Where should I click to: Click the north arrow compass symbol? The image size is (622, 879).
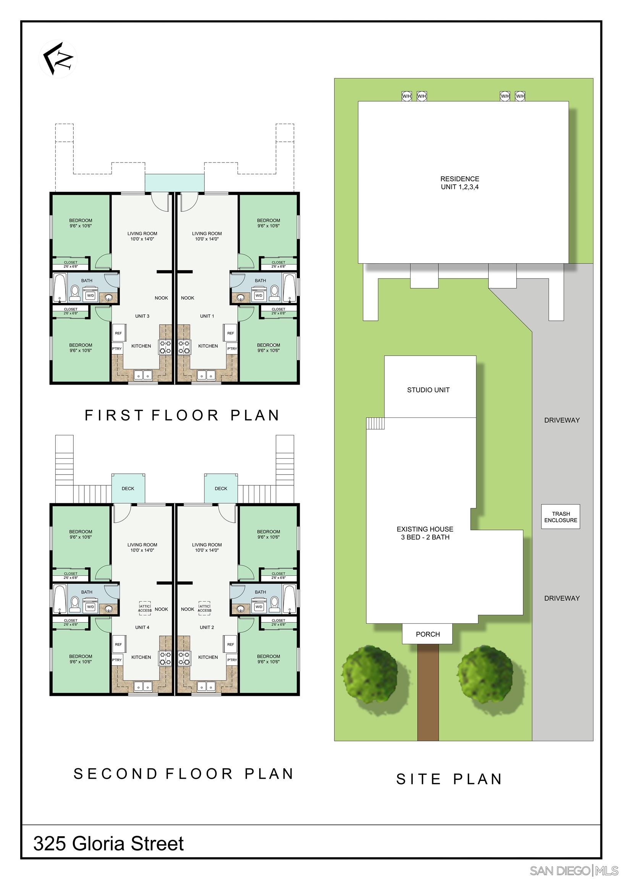[58, 59]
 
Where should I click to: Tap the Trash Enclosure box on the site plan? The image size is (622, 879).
[560, 517]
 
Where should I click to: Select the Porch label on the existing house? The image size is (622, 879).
[427, 634]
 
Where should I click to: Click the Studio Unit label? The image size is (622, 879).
[428, 390]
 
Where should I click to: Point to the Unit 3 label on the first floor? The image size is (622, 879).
[142, 316]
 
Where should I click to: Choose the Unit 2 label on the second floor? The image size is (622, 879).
[207, 627]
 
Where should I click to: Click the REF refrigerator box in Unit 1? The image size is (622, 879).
[230, 333]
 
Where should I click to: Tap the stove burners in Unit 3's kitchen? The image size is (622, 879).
[165, 347]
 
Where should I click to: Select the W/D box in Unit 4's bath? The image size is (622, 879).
[90, 607]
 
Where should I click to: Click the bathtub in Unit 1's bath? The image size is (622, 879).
[289, 288]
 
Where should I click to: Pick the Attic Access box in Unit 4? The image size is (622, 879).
[145, 609]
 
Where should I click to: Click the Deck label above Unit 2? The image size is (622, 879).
[221, 488]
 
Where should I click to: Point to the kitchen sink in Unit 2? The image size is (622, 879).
[207, 686]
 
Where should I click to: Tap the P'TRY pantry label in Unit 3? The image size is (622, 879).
[116, 349]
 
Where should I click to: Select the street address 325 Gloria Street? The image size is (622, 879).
[108, 843]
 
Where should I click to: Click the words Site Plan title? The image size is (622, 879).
[449, 779]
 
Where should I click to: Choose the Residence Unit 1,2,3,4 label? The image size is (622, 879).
[459, 183]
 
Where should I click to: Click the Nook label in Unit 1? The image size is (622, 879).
[187, 298]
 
